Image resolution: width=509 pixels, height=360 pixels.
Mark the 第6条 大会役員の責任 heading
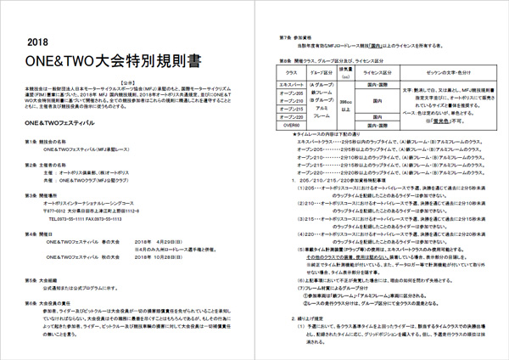tap(50, 301)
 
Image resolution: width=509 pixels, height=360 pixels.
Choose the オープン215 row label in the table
tap(294, 109)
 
